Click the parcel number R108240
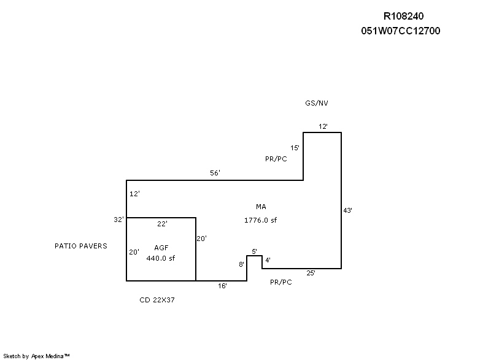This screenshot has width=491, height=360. pos(403,17)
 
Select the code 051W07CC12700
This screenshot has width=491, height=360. pos(401,31)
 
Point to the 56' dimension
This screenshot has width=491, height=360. pos(215,173)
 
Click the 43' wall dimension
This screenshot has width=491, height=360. pos(347,210)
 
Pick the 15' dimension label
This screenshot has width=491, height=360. pos(295,148)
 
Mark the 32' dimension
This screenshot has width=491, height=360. pos(119,219)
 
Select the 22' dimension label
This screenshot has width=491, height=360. pos(162,224)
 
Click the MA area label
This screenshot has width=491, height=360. pos(261,207)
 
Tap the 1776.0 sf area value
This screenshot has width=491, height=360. pos(261,220)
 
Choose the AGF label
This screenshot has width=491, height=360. pos(161,247)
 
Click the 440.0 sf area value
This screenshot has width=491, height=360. pos(161,258)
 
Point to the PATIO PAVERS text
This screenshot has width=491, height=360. pos(81,246)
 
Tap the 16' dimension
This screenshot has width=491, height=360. pos(223,286)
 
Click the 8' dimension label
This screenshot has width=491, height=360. pos(242,264)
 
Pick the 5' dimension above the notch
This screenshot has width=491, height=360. pos(254,251)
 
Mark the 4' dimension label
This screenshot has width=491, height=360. pos(268,260)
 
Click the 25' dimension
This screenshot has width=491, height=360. pos(311,273)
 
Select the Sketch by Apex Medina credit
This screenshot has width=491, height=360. pos(36,355)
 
